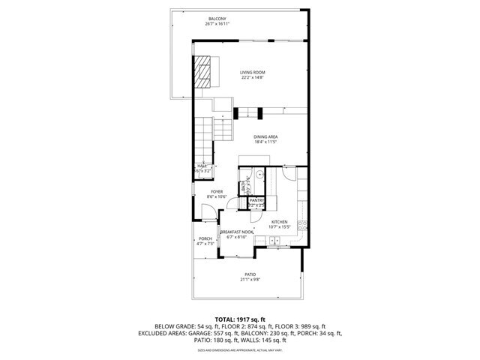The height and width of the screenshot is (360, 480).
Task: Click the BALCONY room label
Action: [x=217, y=19]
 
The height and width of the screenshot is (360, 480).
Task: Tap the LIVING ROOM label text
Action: [x=253, y=72]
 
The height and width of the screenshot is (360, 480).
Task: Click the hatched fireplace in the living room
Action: [x=203, y=72]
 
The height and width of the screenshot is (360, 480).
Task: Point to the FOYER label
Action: [x=217, y=191]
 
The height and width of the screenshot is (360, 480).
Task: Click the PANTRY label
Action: [x=256, y=201]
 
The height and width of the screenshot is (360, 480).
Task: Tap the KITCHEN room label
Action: [x=279, y=222]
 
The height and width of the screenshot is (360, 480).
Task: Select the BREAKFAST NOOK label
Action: [x=236, y=232]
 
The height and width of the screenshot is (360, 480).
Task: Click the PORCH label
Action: [x=205, y=238]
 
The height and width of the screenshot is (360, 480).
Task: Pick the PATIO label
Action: [x=249, y=274]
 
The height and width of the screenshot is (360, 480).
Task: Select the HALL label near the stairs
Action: [x=202, y=166]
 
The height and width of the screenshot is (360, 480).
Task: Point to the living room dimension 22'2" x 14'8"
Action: [x=253, y=77]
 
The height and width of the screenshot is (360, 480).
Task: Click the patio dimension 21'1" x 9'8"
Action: [x=249, y=280]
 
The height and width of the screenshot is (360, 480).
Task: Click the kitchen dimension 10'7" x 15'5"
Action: [x=279, y=227]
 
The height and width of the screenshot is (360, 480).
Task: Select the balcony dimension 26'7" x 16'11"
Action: [x=217, y=24]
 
